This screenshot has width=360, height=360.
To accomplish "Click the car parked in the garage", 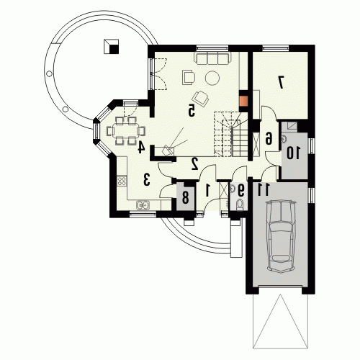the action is pyautogui.click(x=280, y=237).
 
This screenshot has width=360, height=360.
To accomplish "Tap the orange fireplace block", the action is pyautogui.click(x=245, y=101).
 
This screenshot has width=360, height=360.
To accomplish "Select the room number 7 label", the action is pyautogui.click(x=281, y=82).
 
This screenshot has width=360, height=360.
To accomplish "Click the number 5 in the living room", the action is pyautogui.click(x=191, y=110).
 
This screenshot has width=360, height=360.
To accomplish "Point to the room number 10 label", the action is pyautogui.click(x=293, y=153).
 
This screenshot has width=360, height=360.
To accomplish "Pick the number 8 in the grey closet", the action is pyautogui.click(x=185, y=198).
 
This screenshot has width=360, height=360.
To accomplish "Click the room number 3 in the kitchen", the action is pyautogui.click(x=147, y=179).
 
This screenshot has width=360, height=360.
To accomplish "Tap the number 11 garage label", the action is pyautogui.click(x=264, y=189).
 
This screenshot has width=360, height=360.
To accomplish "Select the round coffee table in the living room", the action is pyautogui.click(x=212, y=78).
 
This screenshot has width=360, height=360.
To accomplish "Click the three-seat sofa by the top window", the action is pyautogui.click(x=212, y=58).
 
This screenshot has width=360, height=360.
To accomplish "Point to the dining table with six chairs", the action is pyautogui.click(x=126, y=131).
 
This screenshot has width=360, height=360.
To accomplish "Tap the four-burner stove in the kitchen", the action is pyautogui.click(x=122, y=181).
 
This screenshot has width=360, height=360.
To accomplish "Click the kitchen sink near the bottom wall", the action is pyautogui.click(x=143, y=205).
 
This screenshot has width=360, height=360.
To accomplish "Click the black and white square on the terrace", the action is pyautogui.click(x=111, y=47).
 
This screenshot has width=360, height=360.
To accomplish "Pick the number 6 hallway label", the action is pyautogui.click(x=269, y=138).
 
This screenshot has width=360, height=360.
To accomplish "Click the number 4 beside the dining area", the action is pyautogui.click(x=141, y=146).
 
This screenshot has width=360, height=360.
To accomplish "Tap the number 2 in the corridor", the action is pyautogui.click(x=194, y=164).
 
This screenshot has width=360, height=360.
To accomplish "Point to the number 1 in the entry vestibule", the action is pyautogui.click(x=208, y=189).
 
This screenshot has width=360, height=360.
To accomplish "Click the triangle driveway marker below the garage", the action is pyautogui.click(x=280, y=321).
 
